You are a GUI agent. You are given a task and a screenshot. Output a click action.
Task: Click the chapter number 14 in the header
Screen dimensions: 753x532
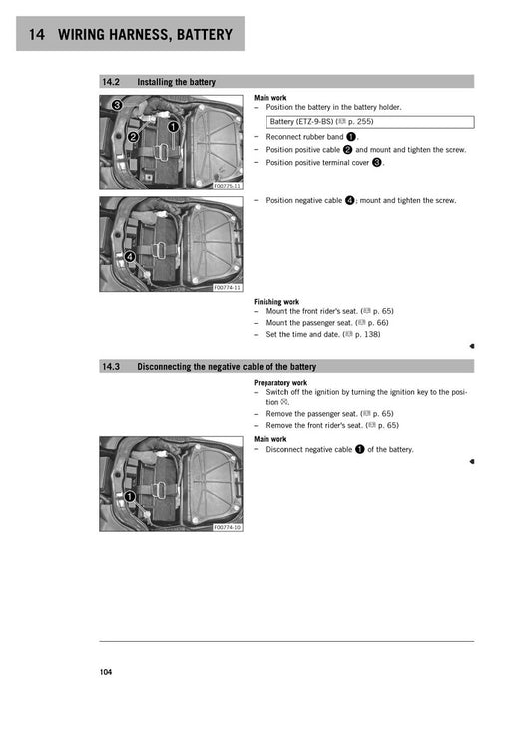pos(36,36)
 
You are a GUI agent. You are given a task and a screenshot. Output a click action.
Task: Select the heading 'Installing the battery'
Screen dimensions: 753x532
pos(176,82)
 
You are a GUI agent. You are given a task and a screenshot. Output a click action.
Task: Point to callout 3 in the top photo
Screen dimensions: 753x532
pos(116,105)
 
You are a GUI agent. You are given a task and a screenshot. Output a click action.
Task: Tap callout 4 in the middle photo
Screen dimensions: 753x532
pos(129,256)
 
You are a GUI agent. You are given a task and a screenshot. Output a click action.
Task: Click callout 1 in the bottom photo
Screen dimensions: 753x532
pos(129,496)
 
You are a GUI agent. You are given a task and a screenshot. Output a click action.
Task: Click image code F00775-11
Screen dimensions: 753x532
pos(227,186)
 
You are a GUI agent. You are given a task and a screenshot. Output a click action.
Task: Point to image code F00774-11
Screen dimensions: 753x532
pos(227,288)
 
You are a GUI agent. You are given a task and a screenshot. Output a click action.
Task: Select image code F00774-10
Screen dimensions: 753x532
pos(227,527)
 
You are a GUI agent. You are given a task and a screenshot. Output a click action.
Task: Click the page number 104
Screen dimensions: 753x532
pos(106,672)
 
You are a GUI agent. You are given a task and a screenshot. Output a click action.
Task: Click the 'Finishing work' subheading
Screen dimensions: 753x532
pos(276,301)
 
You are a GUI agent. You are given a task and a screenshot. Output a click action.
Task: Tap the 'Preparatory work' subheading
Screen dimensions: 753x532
pos(280,382)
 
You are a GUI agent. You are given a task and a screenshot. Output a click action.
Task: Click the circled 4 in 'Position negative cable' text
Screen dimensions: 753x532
pos(350,201)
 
